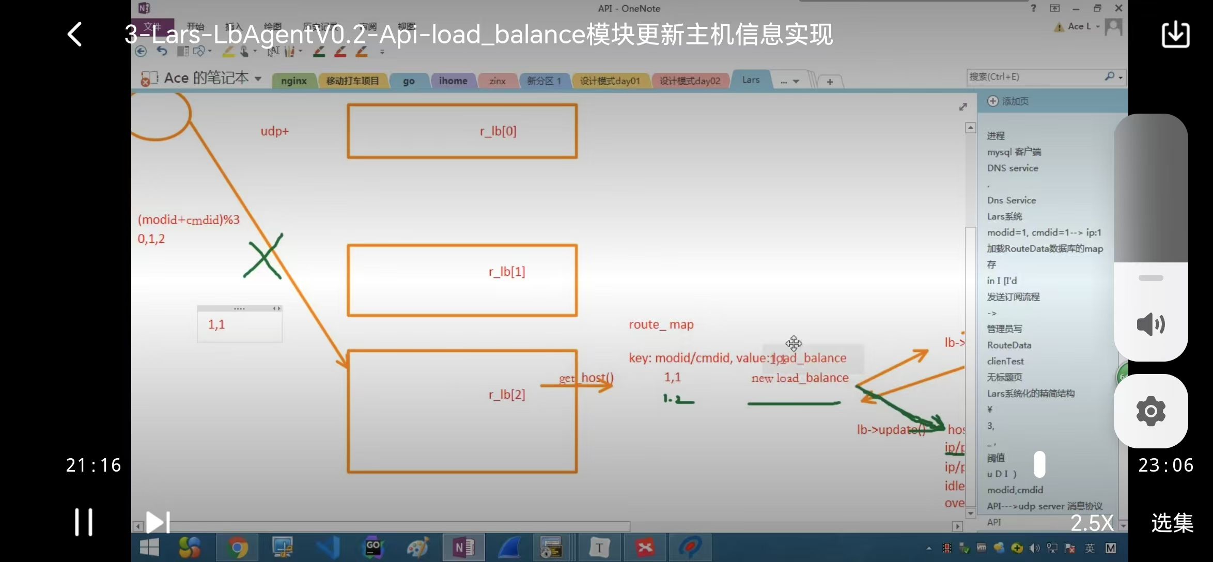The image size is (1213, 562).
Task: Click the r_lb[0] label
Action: point(498,131)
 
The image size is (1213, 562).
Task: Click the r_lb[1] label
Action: point(507,272)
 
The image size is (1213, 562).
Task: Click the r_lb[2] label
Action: point(507,395)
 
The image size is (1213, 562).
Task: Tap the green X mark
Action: point(263,256)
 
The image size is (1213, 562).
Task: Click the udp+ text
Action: point(274,131)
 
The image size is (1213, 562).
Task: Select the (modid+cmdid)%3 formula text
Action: point(189,220)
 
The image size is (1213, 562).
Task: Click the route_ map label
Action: point(661,324)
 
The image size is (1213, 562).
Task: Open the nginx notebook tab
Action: point(293,81)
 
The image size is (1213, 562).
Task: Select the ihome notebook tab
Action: point(453,81)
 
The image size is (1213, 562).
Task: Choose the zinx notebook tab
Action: point(497,81)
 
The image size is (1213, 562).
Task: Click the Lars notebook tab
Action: point(751,80)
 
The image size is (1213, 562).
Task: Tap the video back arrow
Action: point(75,35)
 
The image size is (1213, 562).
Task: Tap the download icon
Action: point(1175,35)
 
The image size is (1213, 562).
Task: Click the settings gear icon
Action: point(1150,411)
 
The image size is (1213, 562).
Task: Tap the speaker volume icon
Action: point(1150,324)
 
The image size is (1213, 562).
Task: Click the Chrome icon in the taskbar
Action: point(238,548)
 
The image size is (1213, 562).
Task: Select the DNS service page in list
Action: point(1012,168)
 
